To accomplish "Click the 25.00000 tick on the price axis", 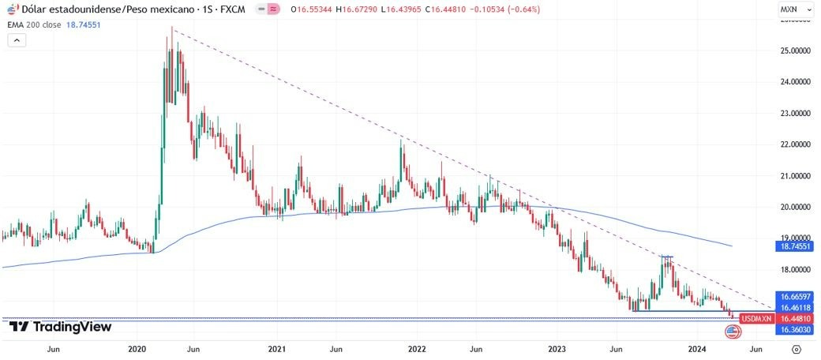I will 795,51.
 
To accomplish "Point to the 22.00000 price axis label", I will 795,144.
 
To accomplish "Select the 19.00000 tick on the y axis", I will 795,238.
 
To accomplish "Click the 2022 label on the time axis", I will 417,348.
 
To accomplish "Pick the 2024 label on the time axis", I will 697,348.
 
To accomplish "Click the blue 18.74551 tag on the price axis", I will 796,246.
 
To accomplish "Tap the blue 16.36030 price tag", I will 796,328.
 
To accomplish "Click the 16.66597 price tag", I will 796,296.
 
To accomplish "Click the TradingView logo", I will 60,327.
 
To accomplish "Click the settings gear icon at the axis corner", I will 796,348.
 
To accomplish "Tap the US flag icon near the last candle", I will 733,332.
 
